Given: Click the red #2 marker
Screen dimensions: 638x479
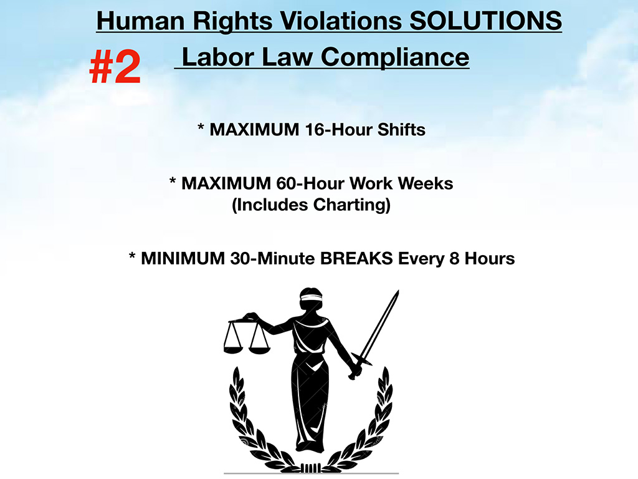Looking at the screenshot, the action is coord(115,67).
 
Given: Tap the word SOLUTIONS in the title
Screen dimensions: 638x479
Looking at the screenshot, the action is coord(485,21).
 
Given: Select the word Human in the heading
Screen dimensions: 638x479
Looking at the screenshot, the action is coord(141,21).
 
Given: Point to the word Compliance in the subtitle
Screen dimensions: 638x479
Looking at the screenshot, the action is coord(395,57).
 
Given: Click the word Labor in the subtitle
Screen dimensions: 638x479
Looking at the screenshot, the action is coord(217,57).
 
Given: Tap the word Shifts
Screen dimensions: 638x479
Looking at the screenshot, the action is coord(401,130).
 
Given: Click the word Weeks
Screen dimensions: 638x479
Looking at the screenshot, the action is coord(426,183).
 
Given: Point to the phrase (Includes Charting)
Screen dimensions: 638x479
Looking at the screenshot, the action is coord(312,205).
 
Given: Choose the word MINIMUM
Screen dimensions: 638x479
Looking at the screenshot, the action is coord(183,259).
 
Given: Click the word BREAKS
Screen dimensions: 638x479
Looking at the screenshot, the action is coord(356,259).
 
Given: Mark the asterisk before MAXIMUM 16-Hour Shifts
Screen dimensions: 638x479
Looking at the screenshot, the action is coord(201,127).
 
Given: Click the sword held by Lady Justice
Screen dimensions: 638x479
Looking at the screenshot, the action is coord(374,334).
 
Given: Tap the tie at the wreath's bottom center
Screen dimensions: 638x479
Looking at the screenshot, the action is coord(312,467).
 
